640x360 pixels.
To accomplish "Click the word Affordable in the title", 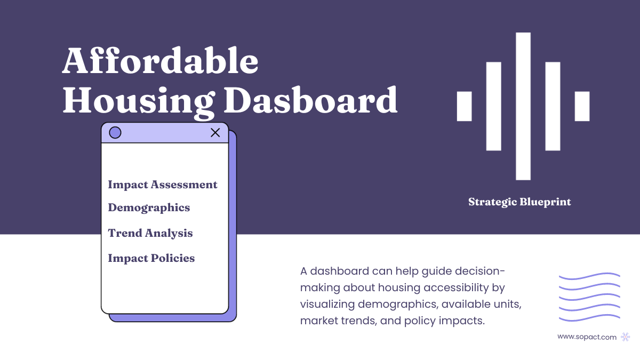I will (160, 62).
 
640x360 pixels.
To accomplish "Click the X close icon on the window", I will (215, 133).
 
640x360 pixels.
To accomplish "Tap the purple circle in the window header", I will (115, 133).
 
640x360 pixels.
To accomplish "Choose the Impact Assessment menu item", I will (163, 185).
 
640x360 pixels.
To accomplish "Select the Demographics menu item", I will (149, 207).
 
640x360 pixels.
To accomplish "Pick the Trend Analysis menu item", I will (150, 233).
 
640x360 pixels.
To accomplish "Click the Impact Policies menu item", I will (151, 258).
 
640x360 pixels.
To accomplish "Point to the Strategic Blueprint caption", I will (519, 202).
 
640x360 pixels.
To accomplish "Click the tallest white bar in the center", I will (523, 106).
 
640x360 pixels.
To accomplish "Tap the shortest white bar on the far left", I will (465, 106).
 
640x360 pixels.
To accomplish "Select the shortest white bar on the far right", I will (582, 106).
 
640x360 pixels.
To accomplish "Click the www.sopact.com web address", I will (587, 337).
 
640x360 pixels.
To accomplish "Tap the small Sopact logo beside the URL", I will (626, 337).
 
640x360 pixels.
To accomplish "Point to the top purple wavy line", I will (589, 276).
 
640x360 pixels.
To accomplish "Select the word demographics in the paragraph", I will (389, 305).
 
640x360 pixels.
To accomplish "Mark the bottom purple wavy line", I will (589, 319).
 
